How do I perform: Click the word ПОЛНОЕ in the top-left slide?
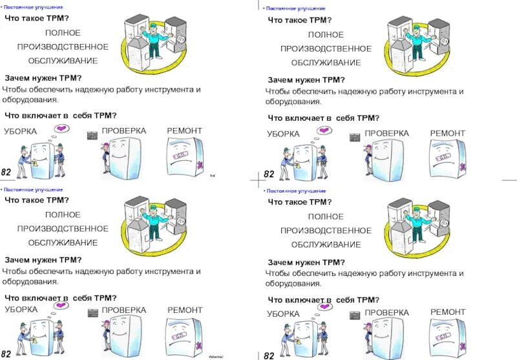(x=63, y=32)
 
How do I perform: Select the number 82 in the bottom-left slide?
(x=6, y=353)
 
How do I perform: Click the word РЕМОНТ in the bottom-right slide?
(x=448, y=312)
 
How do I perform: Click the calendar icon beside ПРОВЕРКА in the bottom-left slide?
(x=92, y=313)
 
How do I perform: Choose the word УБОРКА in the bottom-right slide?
(x=283, y=313)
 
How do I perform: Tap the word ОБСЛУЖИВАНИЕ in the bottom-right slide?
(x=326, y=244)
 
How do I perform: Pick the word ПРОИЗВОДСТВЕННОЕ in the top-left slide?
(x=63, y=47)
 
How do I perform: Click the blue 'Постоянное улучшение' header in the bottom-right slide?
(x=296, y=191)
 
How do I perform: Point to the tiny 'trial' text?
(x=213, y=175)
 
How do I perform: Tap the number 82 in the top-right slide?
(x=269, y=175)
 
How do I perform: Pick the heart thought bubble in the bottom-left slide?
(x=60, y=308)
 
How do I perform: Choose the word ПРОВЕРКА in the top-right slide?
(x=386, y=133)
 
